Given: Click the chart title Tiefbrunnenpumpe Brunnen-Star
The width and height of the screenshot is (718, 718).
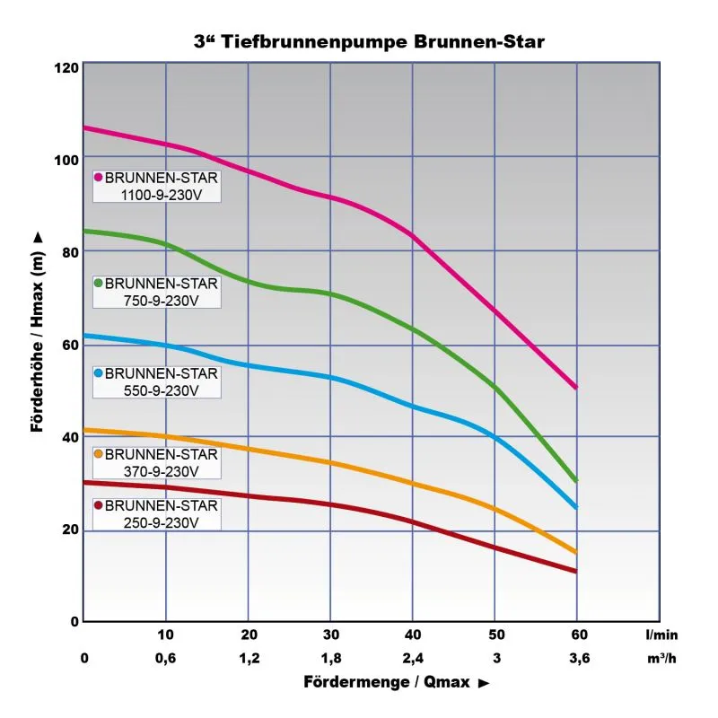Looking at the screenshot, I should pos(369,41).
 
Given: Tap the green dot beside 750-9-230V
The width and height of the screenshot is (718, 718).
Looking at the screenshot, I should pos(99,283).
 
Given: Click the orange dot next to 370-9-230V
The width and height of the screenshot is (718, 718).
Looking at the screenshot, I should pos(99,454).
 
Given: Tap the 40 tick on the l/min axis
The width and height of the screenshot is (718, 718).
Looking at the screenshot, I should pos(412,635).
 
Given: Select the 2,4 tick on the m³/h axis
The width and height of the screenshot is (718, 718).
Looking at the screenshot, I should pos(412,658).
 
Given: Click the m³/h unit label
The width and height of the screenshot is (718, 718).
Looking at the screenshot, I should pos(661,658).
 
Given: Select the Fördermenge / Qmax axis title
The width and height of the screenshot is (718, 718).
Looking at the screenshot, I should pos(396,684).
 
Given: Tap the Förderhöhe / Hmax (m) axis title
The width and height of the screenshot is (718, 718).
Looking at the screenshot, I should pos(37,332).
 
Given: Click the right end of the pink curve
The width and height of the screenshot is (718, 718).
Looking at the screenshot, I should pos(574,387).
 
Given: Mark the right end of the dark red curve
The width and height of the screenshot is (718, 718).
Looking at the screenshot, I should pos(574,570).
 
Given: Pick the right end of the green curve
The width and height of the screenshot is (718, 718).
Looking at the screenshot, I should pos(574,480).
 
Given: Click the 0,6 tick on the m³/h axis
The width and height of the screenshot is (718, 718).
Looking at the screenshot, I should pos(165,658).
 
